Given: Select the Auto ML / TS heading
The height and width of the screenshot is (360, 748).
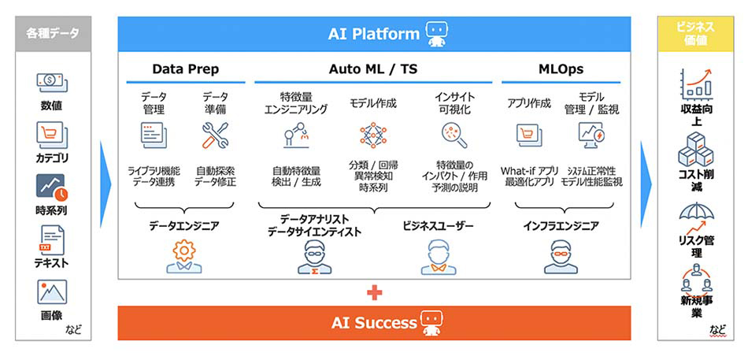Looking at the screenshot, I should point(373,69).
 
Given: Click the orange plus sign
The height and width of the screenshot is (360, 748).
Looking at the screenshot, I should point(375,293).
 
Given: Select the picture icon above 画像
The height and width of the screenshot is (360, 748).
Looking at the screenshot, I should point(52,292).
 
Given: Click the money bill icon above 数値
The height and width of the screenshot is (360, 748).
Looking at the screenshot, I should point(51,83).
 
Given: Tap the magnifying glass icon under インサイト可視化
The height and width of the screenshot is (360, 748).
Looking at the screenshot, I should point(454,135).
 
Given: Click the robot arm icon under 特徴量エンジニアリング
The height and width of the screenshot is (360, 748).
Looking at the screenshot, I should point(294,135).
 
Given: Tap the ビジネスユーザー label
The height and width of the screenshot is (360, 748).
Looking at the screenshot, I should point(439,227).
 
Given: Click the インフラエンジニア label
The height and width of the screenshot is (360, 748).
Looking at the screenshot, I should point(561,227).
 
